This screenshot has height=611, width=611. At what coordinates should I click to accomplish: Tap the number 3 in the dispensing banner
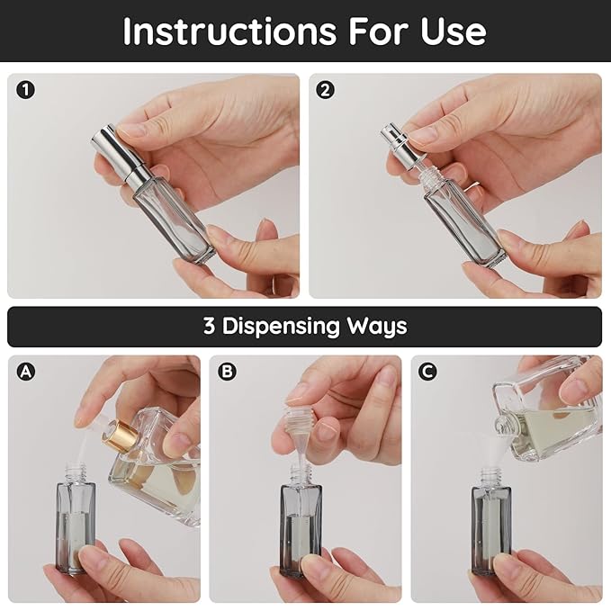tap(209, 326)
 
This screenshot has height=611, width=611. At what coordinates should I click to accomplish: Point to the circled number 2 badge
tap(326, 89)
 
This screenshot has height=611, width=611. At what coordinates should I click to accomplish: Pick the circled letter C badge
tap(428, 370)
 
